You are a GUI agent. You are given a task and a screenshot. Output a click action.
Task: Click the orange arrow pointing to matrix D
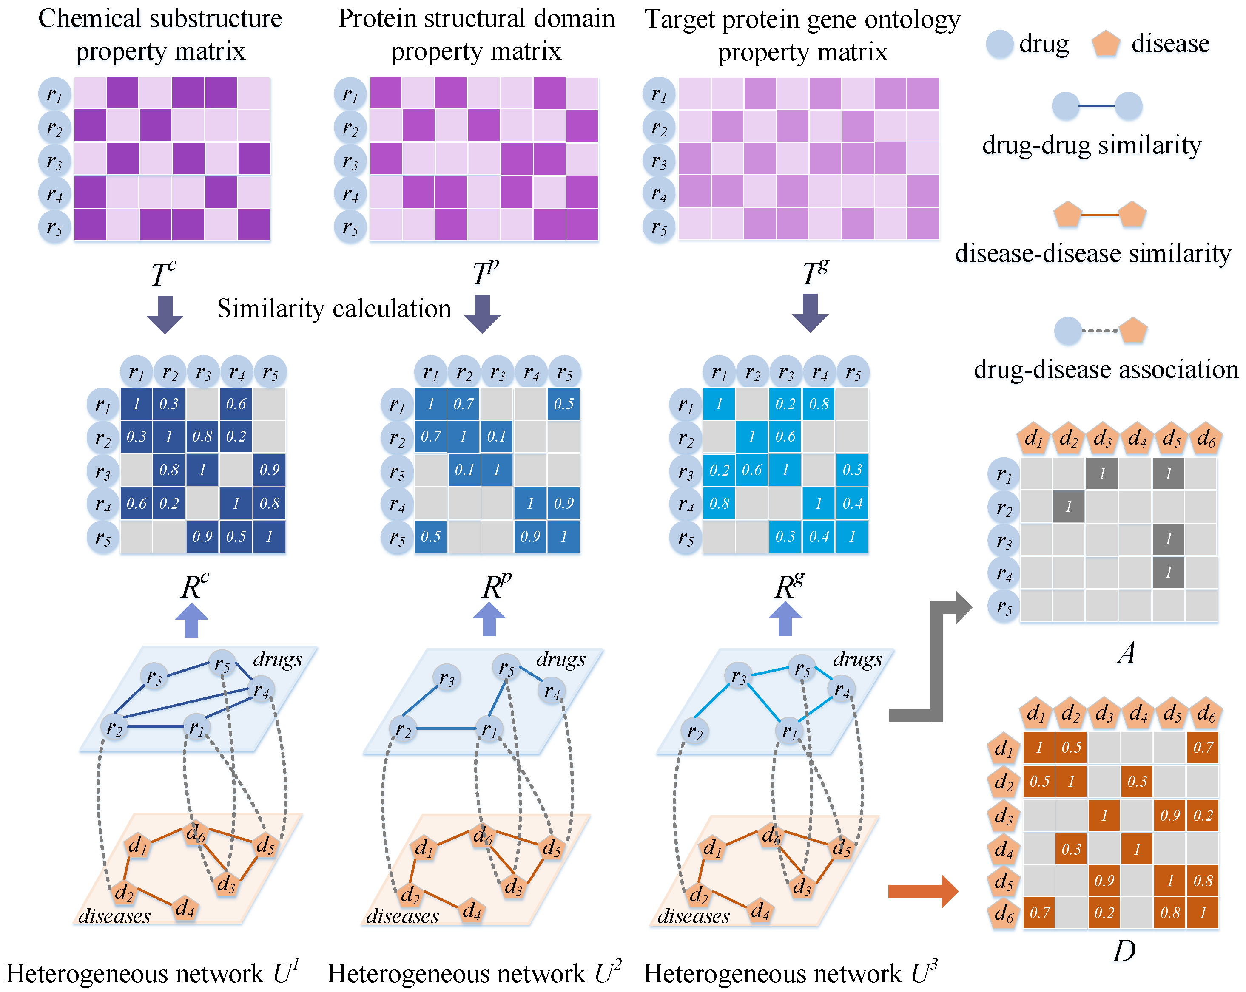pyautogui.click(x=922, y=891)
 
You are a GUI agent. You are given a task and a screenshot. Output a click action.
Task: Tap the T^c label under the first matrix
pyautogui.click(x=164, y=274)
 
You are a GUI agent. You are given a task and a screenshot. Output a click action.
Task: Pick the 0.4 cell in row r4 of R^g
pyautogui.click(x=852, y=503)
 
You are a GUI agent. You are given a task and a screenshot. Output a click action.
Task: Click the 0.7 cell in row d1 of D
pyautogui.click(x=1203, y=748)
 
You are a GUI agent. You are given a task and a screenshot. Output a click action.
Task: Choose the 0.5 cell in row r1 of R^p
pyautogui.click(x=563, y=404)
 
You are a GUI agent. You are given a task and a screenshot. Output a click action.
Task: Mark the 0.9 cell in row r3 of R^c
pyautogui.click(x=269, y=470)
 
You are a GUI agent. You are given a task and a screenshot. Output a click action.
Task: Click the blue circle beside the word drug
pyautogui.click(x=999, y=44)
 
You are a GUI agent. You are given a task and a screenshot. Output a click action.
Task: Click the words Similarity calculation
pyautogui.click(x=334, y=309)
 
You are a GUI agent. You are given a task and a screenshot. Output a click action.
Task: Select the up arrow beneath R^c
pyautogui.click(x=191, y=620)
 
